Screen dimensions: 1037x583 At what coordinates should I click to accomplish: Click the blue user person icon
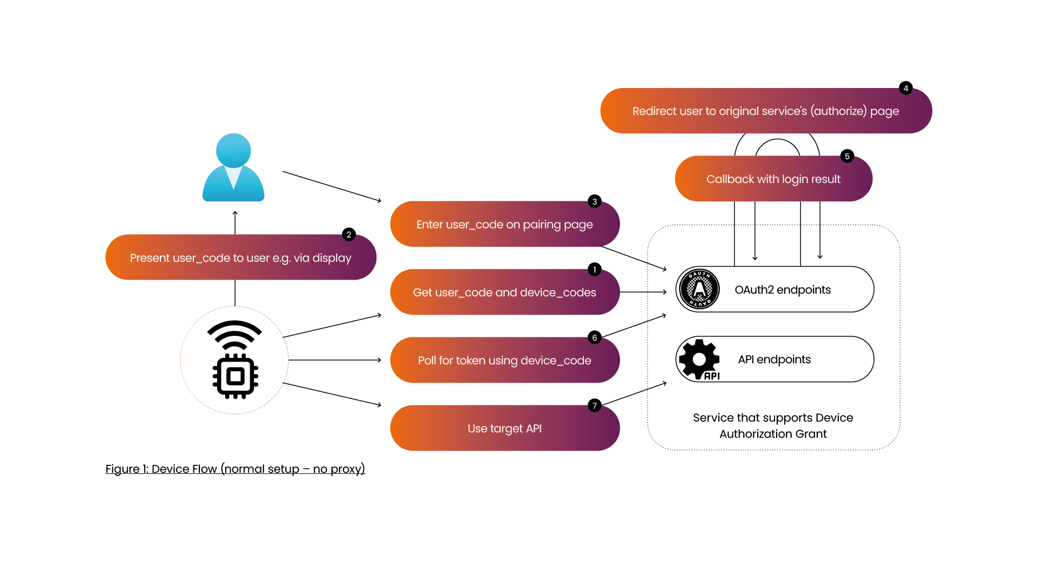(233, 167)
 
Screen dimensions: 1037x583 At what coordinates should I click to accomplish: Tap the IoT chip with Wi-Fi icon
(235, 360)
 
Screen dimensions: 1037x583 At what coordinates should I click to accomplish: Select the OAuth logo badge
(699, 289)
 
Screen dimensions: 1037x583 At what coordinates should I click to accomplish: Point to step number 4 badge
(906, 88)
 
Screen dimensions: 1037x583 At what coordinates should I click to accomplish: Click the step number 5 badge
(847, 156)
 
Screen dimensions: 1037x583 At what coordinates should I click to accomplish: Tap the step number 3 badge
(595, 201)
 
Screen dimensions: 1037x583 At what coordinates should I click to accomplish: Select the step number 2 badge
(349, 234)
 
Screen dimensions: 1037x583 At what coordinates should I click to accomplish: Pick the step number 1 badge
(595, 269)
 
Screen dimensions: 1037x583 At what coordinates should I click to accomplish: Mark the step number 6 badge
(595, 337)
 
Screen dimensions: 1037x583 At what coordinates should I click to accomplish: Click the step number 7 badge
(595, 405)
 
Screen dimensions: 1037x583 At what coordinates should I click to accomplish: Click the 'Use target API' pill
(504, 428)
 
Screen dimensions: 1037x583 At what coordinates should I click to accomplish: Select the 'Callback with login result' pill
(773, 179)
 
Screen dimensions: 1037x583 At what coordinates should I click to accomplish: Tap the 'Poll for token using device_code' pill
(504, 360)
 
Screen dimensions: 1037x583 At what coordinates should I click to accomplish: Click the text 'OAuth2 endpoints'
(783, 290)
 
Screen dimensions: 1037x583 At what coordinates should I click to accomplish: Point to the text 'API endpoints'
(774, 360)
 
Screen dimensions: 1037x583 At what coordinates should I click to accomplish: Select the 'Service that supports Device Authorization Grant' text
(773, 425)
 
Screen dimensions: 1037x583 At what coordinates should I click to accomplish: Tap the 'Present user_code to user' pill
(241, 257)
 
